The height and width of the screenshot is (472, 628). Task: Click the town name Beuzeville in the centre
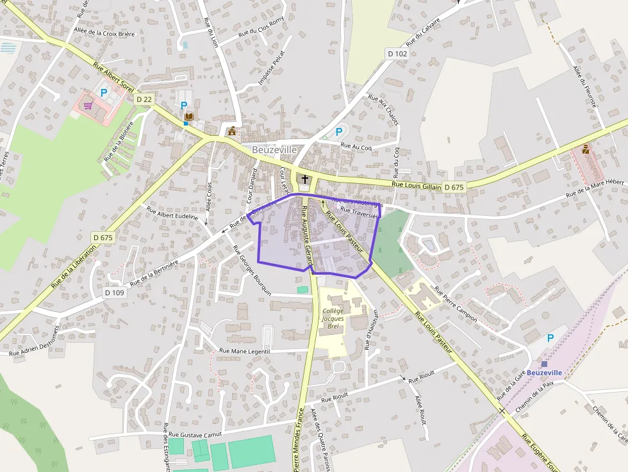(274, 149)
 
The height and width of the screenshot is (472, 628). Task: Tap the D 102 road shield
(397, 54)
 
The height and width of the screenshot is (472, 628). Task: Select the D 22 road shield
(144, 99)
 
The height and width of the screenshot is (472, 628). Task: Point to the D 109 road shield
(114, 292)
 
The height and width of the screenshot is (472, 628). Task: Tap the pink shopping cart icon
(88, 106)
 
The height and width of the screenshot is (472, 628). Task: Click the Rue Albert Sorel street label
(113, 76)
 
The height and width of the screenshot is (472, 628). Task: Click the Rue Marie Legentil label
(245, 351)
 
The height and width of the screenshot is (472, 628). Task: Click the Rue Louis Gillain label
(417, 186)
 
